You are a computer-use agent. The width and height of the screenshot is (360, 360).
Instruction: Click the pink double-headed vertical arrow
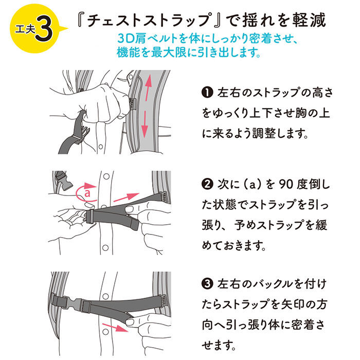[147, 103]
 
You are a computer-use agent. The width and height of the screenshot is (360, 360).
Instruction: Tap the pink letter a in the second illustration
[87, 194]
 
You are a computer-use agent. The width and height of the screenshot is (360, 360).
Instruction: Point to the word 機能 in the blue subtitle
[127, 52]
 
